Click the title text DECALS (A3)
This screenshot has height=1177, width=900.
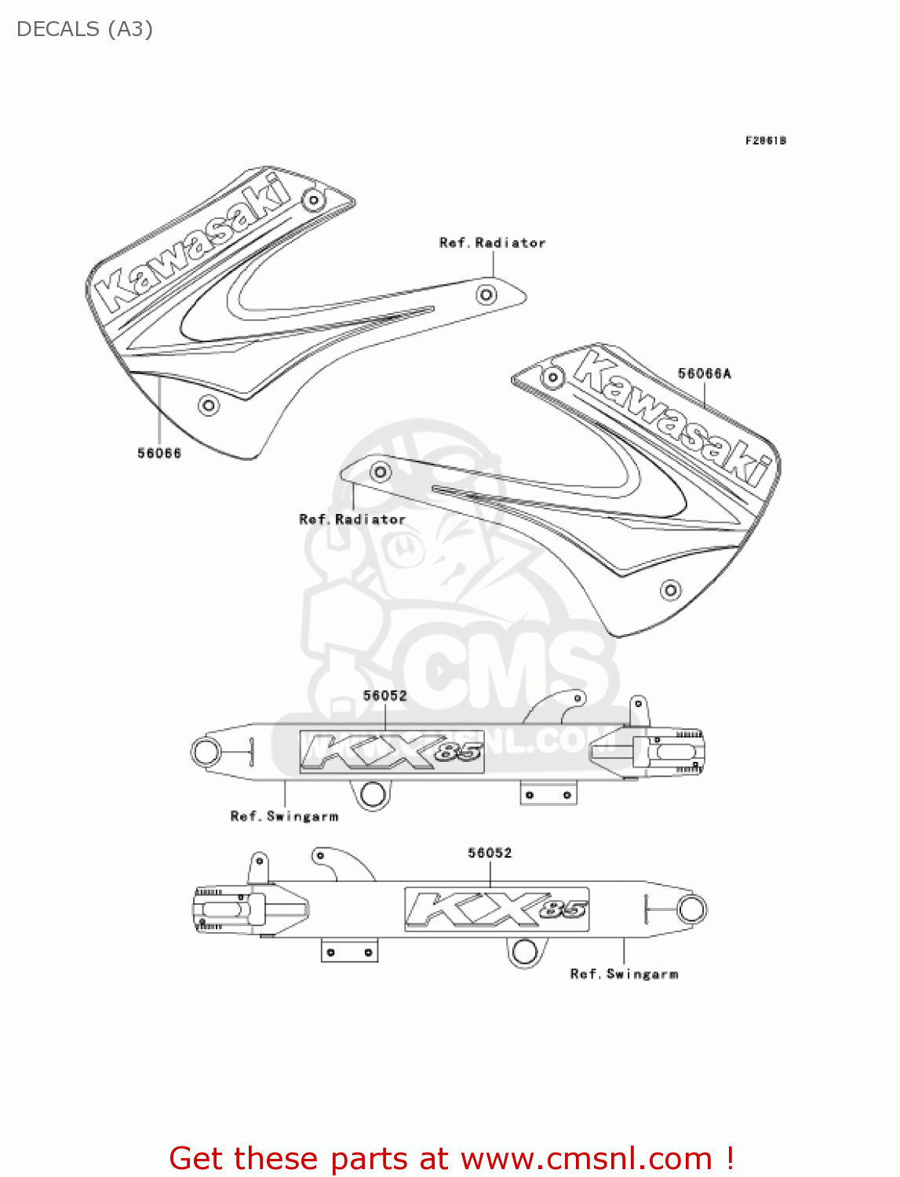tap(85, 29)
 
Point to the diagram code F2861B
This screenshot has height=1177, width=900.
tap(765, 140)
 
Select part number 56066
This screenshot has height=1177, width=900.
tap(159, 453)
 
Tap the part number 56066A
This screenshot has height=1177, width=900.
tap(704, 374)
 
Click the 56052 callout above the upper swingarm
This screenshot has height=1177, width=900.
tap(384, 695)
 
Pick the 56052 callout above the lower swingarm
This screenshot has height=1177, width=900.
tap(490, 852)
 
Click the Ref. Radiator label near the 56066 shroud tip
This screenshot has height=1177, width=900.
tap(492, 243)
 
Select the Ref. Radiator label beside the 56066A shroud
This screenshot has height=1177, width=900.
tap(352, 519)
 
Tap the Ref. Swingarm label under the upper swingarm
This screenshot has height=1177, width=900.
tap(284, 816)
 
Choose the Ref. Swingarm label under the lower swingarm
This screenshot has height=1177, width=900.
tap(624, 974)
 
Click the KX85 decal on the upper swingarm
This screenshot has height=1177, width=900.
tap(392, 752)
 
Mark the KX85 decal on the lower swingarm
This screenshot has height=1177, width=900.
tap(497, 909)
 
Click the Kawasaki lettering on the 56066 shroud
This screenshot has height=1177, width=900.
tap(192, 242)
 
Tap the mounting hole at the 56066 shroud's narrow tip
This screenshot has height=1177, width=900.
tap(486, 295)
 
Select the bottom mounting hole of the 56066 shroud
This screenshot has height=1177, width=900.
tap(208, 406)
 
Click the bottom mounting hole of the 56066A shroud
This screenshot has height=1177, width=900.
tap(670, 589)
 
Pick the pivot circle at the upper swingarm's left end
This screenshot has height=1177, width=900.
tap(206, 752)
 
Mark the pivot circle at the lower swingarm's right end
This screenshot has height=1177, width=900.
tap(691, 909)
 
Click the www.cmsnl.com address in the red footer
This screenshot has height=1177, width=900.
tap(586, 1158)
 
